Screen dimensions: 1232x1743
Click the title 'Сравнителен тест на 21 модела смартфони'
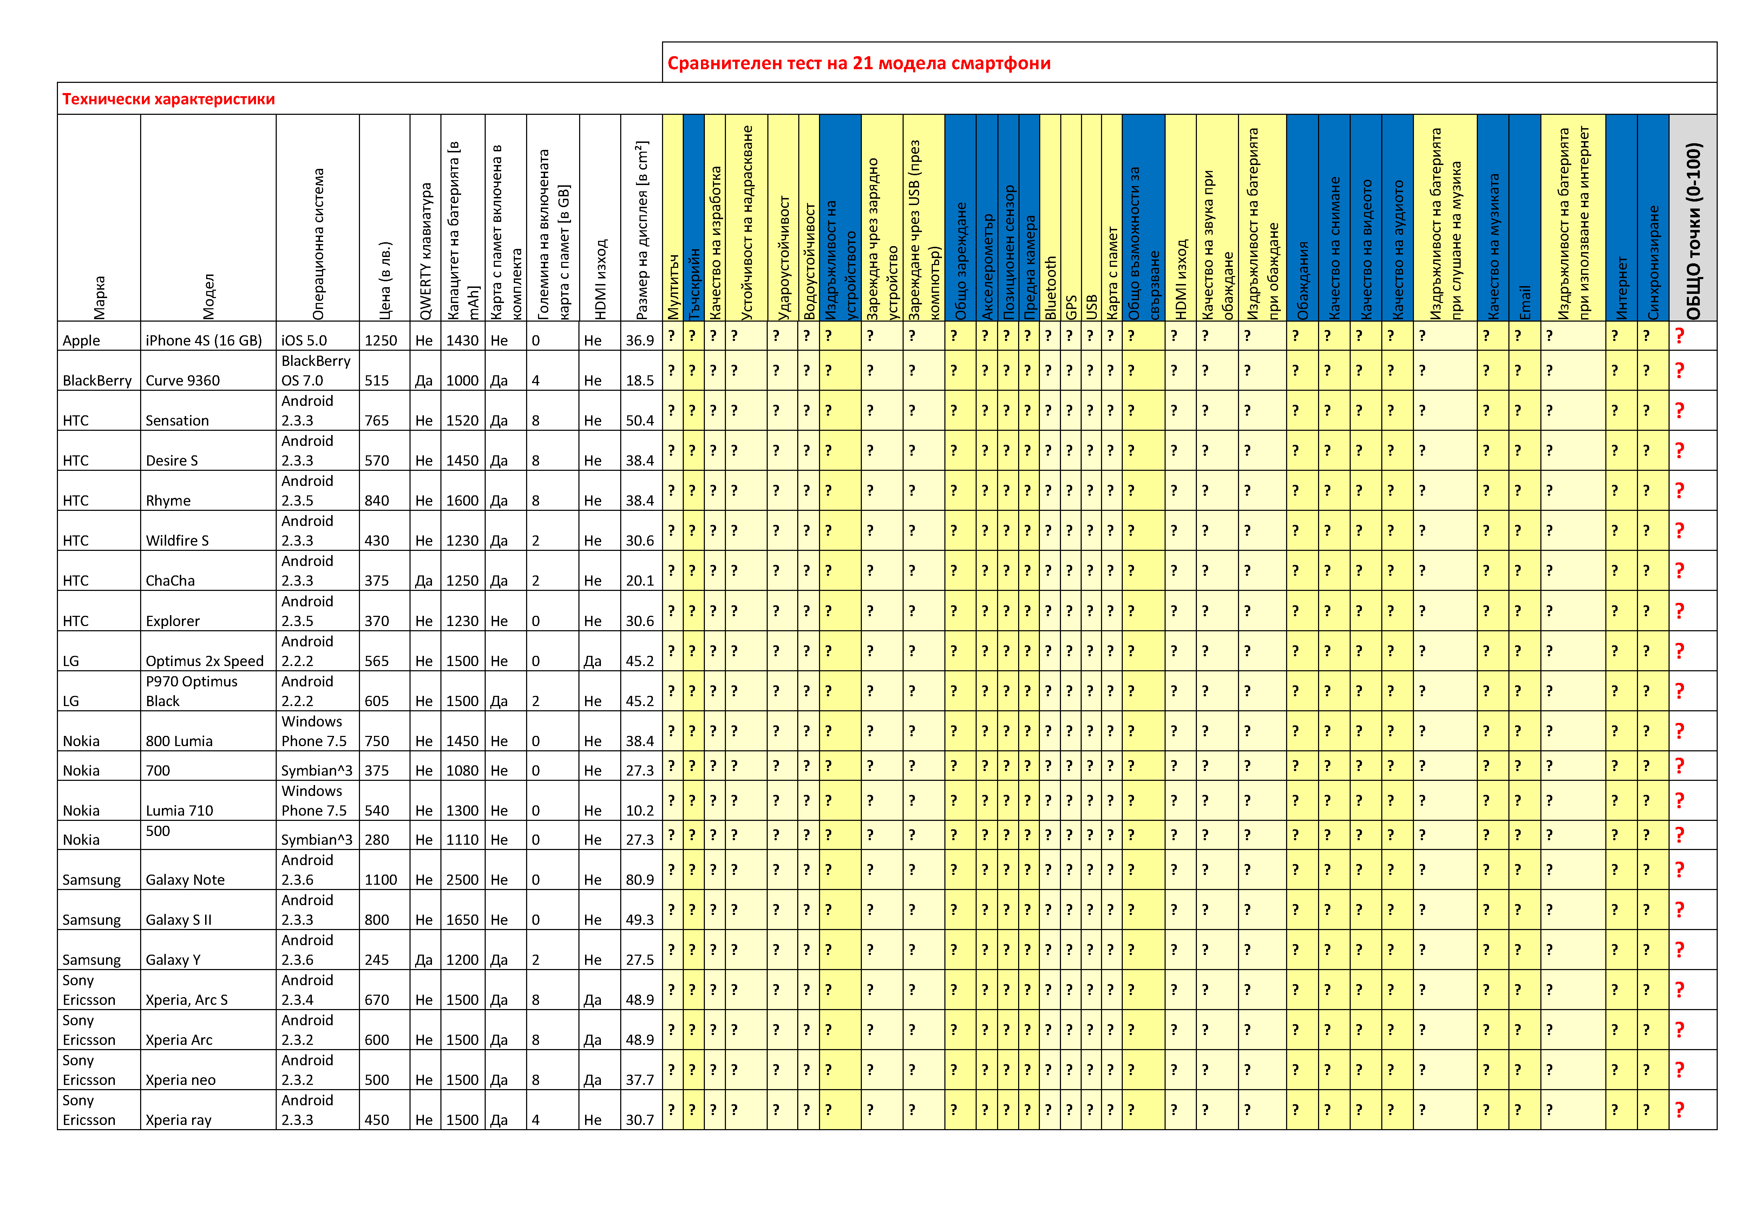(x=859, y=63)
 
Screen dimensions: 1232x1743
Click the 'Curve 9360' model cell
(x=182, y=380)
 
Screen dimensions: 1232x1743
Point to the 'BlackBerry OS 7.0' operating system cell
(x=316, y=370)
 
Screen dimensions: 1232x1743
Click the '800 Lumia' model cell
(x=179, y=741)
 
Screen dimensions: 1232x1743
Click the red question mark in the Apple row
(x=1679, y=336)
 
